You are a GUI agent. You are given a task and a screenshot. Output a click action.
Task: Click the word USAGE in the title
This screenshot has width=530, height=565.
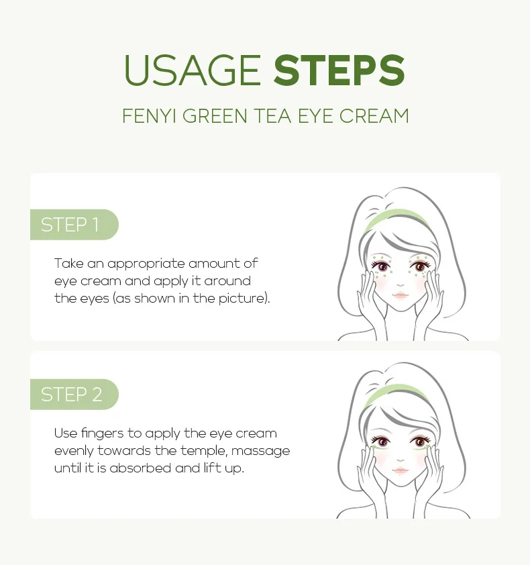pyautogui.click(x=193, y=70)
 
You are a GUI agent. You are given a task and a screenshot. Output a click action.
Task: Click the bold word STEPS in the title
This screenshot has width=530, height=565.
pyautogui.click(x=339, y=70)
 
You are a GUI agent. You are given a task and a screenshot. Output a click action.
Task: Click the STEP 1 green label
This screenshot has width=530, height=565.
pyautogui.click(x=74, y=225)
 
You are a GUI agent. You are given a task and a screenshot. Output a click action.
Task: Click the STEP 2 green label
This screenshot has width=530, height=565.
pyautogui.click(x=74, y=394)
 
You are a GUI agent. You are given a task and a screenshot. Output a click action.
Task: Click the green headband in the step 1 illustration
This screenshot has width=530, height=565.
pyautogui.click(x=396, y=217)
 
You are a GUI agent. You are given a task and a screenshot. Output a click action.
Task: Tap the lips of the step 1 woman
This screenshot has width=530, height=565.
pyautogui.click(x=401, y=295)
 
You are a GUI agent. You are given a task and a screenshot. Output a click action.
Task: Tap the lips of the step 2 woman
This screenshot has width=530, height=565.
pyautogui.click(x=401, y=471)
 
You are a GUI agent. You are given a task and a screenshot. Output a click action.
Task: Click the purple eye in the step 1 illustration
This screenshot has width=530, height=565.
pyautogui.click(x=382, y=267)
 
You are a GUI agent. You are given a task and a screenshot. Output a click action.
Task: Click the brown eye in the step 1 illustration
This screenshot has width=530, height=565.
pyautogui.click(x=420, y=267)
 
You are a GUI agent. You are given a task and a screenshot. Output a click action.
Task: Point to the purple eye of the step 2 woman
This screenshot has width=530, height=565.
pyautogui.click(x=382, y=442)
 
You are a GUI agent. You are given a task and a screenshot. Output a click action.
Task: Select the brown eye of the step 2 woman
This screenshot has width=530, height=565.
pyautogui.click(x=420, y=442)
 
